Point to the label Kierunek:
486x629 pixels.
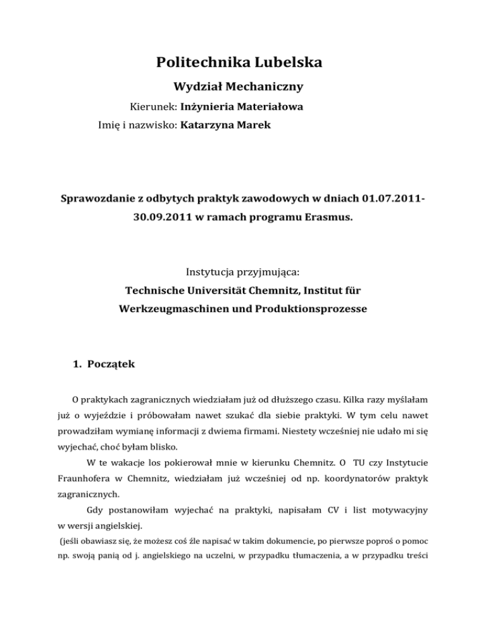(x=153, y=107)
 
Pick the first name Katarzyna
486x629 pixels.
(x=211, y=125)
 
